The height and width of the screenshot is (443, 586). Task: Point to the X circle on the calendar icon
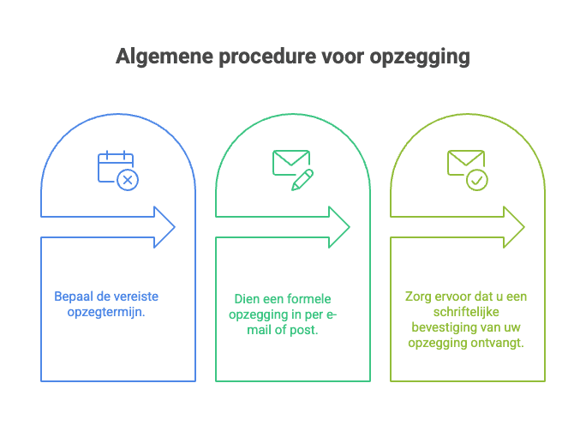[128, 180]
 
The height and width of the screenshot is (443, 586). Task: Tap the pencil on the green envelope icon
[302, 180]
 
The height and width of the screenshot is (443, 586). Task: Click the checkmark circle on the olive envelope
[477, 180]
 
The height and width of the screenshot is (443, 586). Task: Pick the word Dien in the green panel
[247, 299]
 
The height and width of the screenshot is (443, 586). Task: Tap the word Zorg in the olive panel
[419, 296]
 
